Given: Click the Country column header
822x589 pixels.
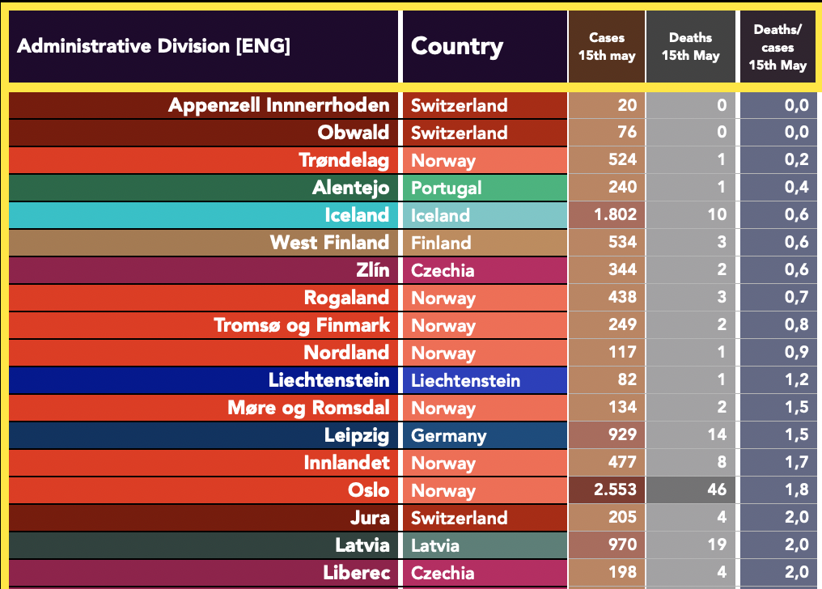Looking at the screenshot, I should click(x=457, y=46).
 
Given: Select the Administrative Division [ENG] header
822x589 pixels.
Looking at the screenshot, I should click(x=154, y=46).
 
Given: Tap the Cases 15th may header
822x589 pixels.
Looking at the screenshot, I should click(x=607, y=47).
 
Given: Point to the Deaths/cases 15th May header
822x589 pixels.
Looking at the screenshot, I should click(x=778, y=47).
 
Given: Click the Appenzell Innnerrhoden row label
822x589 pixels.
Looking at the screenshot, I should click(x=279, y=105).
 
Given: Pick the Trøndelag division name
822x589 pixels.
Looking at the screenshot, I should click(x=344, y=160).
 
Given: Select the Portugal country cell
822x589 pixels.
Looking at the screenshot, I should click(x=447, y=188).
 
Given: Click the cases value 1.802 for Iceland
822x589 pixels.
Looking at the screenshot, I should click(x=616, y=215).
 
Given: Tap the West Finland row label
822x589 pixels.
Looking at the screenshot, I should click(x=329, y=243).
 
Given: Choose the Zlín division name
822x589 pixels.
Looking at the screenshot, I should click(x=373, y=270).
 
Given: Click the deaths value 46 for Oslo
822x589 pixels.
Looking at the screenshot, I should click(x=716, y=490).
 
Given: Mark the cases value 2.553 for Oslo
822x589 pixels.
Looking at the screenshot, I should click(x=616, y=490).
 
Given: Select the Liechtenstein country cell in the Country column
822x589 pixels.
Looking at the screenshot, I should click(x=465, y=380).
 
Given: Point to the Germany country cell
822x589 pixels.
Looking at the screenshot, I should click(x=449, y=435).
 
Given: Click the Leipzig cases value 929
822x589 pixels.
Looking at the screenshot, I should click(x=622, y=435).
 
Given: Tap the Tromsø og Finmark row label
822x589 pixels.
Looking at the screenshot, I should click(x=302, y=325).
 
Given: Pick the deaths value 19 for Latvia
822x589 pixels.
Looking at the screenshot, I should click(x=717, y=545).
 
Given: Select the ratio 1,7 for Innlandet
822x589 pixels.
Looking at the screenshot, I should click(x=796, y=463).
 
